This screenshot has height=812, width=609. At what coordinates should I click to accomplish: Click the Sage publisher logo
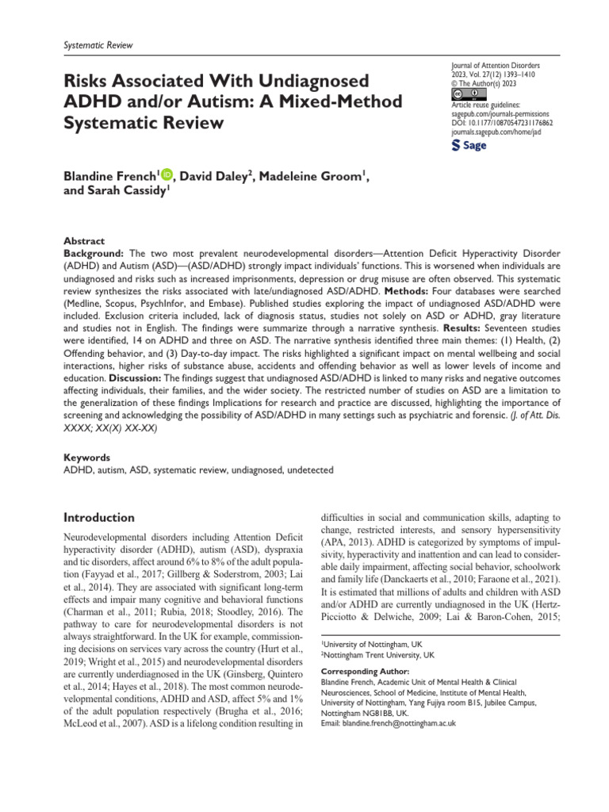pyautogui.click(x=469, y=146)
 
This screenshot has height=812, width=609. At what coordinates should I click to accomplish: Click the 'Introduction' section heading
pyautogui.click(x=98, y=518)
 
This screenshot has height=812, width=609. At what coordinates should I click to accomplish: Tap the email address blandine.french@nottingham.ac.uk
pyautogui.click(x=386, y=724)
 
